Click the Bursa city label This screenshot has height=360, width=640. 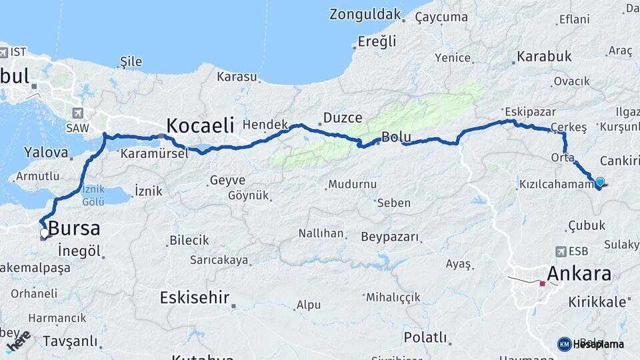(74, 229)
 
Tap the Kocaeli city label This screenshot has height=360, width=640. (200, 125)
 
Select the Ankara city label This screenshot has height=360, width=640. (579, 274)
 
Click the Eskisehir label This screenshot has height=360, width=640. (194, 297)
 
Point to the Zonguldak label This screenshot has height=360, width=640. (365, 14)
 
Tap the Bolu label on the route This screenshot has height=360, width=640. (396, 138)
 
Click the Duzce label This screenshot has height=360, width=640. (343, 118)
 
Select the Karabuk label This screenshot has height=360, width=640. (544, 57)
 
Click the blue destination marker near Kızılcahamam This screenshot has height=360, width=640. (600, 182)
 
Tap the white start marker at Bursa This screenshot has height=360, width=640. (45, 233)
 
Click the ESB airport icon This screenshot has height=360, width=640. (561, 251)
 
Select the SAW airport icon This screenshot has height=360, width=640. (79, 113)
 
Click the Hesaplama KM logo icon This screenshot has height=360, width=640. (564, 344)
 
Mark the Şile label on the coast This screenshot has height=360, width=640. (130, 62)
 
